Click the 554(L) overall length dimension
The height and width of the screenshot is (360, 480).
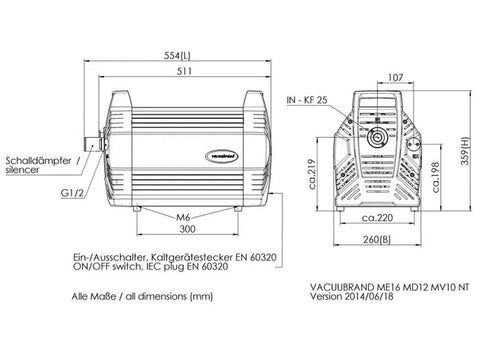177,55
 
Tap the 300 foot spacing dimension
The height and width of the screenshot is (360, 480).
187,229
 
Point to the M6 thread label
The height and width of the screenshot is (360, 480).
183,217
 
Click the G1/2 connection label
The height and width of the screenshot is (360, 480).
72,193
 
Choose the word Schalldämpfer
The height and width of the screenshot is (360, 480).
38,161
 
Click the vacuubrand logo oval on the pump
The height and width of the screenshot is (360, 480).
222,156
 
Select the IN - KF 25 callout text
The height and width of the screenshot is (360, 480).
307,100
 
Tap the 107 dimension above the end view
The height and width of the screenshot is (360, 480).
396,78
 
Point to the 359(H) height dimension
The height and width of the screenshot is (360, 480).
465,151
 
